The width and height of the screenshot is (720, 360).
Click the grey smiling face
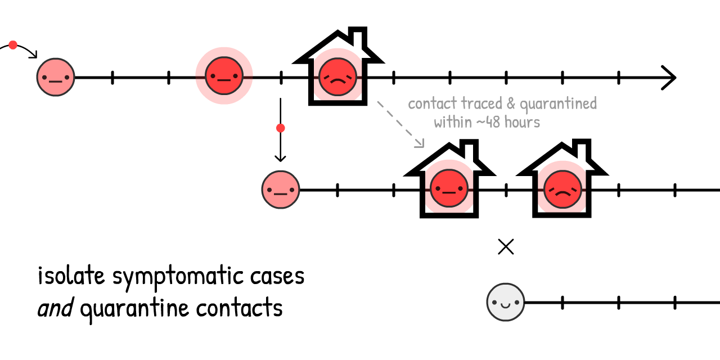coord(506,302)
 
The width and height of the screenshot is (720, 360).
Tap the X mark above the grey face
coord(506,246)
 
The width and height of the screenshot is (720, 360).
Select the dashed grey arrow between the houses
coord(400,124)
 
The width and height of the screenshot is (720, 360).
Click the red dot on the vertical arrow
coord(281,128)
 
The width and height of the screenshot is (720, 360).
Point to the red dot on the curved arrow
coord(13,45)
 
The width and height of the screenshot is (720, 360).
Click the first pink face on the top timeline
coord(56,77)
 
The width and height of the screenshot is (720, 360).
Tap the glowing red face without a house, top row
coord(224,76)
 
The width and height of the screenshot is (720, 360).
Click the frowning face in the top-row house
coord(337,77)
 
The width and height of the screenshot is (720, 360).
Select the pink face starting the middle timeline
coord(281,190)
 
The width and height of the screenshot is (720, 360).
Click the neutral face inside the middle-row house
coord(449,190)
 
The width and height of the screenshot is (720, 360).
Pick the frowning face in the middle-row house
coord(561,190)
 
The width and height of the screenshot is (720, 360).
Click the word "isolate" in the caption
coord(72,276)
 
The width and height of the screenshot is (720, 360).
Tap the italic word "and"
coord(55,308)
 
